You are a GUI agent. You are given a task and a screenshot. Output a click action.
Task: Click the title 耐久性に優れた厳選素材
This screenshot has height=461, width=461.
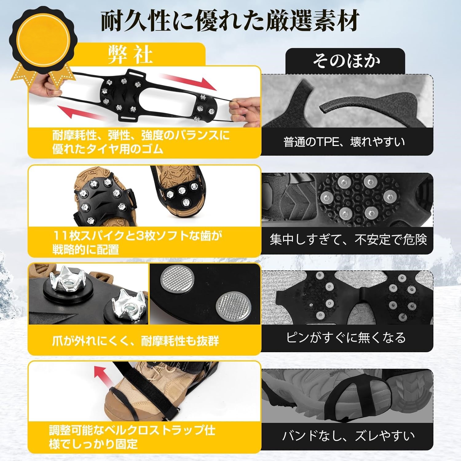click(x=230, y=21)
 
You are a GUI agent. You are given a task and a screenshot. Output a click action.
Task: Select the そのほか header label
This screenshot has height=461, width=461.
click(x=346, y=61)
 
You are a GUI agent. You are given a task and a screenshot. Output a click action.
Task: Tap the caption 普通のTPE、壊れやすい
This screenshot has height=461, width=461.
click(x=344, y=142)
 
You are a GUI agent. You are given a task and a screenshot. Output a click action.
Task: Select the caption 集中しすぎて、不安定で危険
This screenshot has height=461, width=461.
click(x=349, y=239)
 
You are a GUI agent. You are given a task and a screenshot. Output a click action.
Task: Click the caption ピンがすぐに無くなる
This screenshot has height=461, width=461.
click(x=346, y=337)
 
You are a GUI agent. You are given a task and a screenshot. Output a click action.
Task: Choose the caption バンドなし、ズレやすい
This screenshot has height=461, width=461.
click(x=348, y=435)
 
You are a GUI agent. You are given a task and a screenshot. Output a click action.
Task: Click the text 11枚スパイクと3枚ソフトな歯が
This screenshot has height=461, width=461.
click(x=137, y=236)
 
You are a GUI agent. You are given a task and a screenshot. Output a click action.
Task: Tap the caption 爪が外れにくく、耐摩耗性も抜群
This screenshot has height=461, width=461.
click(x=136, y=341)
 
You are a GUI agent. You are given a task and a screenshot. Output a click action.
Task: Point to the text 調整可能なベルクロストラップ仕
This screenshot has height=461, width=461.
click(x=132, y=430)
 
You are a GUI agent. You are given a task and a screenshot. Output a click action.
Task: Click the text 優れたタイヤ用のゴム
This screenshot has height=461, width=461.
click(x=108, y=149)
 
